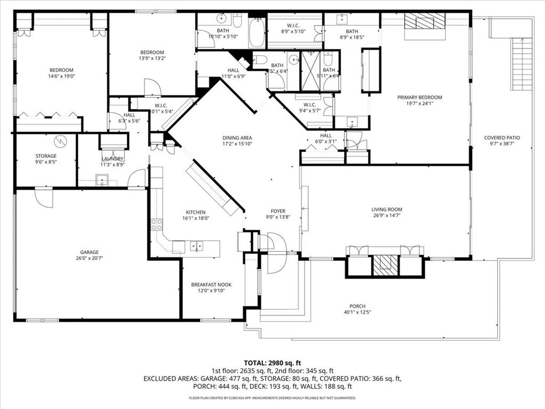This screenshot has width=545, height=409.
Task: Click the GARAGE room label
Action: click(x=89, y=252)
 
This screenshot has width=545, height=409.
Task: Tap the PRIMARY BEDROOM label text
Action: click(x=420, y=97)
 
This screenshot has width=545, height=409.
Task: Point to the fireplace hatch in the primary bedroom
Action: click(x=424, y=21)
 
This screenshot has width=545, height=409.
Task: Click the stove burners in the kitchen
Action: click(x=156, y=224)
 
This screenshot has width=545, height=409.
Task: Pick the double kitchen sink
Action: click(x=196, y=247)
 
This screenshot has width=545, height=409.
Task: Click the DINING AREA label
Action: click(x=237, y=138)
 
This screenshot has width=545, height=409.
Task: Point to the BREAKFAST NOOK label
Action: click(x=211, y=285)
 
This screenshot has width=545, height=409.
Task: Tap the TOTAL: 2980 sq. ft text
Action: click(x=272, y=362)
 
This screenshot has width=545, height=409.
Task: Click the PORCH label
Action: click(x=357, y=306)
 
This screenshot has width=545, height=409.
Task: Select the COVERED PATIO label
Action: click(x=501, y=138)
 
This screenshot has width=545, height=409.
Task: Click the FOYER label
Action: click(x=278, y=211)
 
